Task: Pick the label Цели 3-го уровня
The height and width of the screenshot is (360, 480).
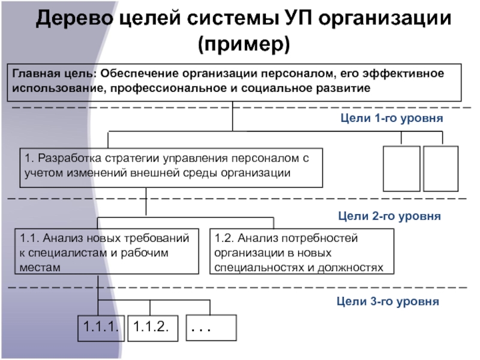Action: [x=389, y=301]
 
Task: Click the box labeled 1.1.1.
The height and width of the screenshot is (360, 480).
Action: [x=101, y=328]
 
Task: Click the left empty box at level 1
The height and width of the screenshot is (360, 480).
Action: [x=401, y=167]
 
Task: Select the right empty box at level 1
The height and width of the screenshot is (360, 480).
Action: [x=440, y=167]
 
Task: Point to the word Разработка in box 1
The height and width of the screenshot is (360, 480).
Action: [x=66, y=159]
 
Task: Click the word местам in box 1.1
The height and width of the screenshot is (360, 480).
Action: [x=40, y=266]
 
